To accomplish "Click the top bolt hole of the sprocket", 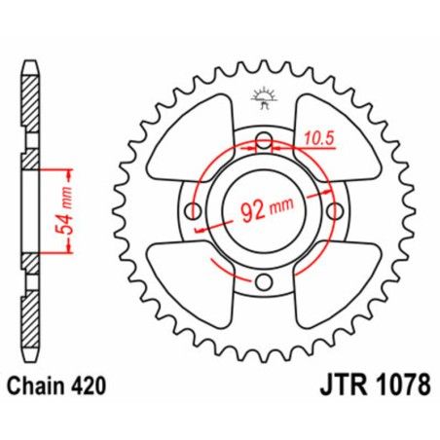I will click(x=263, y=142).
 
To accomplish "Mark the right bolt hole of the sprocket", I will click(x=334, y=211).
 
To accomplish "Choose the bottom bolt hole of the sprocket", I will click(x=263, y=282).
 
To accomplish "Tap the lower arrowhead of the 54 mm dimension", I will click(x=67, y=251).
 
